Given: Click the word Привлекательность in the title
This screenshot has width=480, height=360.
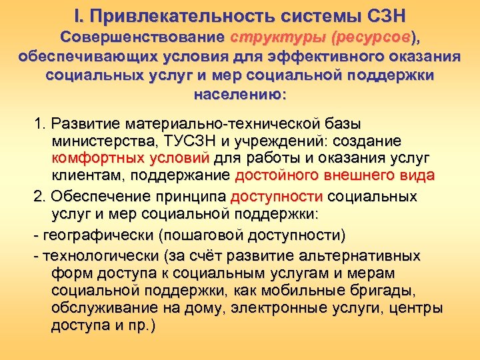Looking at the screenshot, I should click(174, 14).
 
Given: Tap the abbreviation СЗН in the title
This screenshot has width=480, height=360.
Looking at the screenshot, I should click(385, 14).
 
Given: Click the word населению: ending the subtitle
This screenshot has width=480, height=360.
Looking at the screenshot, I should click(239, 94).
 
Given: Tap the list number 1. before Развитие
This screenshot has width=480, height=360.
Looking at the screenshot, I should click(39, 124).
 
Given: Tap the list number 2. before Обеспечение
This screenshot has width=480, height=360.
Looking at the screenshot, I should click(40, 197).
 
